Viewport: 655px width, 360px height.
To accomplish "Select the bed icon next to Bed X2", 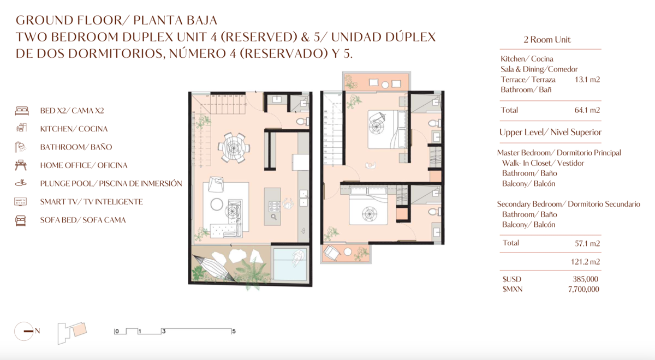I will tap(22, 111).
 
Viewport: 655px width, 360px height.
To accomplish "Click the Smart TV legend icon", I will tap(21, 202).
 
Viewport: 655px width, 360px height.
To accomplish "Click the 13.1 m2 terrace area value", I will tap(587, 80).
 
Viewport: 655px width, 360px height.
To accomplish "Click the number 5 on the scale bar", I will tap(234, 331).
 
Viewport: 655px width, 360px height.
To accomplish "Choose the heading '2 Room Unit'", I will tap(547, 40).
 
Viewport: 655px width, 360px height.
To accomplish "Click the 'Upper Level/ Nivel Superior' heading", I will tap(550, 133).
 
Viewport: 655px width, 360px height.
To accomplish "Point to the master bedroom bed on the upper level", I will tap(385, 128).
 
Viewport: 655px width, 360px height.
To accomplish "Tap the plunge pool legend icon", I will tap(21, 183).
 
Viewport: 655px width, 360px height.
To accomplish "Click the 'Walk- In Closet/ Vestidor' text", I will tap(543, 163).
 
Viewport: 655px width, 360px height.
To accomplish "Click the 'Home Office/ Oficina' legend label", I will tap(84, 165).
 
